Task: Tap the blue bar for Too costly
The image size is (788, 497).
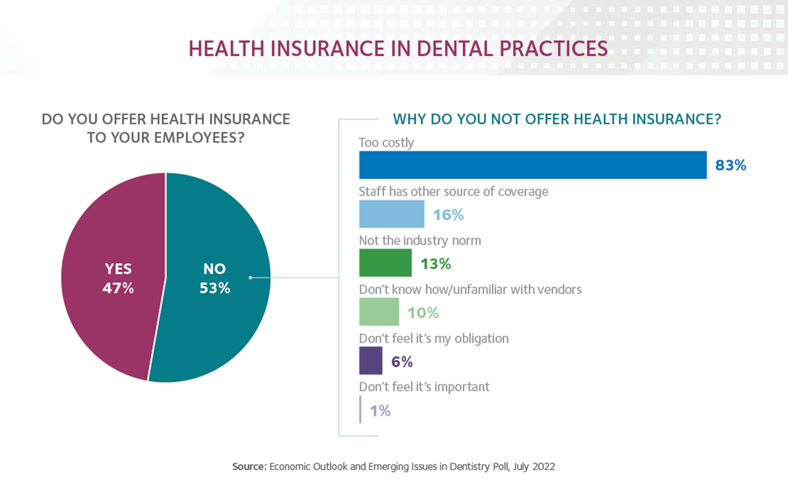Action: (533, 165)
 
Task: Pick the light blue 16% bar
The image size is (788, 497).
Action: (392, 214)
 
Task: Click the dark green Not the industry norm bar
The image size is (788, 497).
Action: (385, 263)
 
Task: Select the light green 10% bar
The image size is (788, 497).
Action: (379, 312)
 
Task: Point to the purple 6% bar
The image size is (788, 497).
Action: (371, 361)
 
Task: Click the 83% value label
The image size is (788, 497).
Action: (731, 166)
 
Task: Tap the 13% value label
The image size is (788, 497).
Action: (436, 264)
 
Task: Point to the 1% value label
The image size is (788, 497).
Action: (380, 411)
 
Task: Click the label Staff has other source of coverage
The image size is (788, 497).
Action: (453, 192)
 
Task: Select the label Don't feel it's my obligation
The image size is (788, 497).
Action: (433, 338)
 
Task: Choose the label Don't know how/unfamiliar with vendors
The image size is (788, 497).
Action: (470, 289)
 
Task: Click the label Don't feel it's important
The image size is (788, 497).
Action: (424, 387)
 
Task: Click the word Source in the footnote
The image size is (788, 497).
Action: (248, 467)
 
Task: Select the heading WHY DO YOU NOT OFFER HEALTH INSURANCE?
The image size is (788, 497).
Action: (557, 119)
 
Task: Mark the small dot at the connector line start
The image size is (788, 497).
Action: (251, 278)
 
